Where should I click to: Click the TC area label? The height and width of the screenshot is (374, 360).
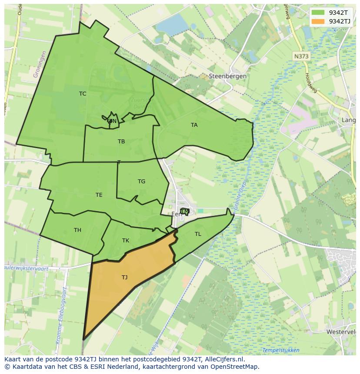[83, 94]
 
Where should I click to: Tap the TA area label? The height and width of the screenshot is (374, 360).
[194, 125]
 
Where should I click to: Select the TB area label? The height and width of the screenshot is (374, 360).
[121, 142]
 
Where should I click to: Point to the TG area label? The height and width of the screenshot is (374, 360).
[141, 182]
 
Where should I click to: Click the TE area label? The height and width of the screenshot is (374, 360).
[99, 195]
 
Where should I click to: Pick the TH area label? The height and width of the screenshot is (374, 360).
[77, 230]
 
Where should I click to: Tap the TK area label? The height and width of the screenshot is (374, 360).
[126, 241]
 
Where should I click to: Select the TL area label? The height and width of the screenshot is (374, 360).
[198, 234]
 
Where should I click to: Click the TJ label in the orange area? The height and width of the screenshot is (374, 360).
[125, 277]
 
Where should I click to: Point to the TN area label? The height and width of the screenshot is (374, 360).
[113, 121]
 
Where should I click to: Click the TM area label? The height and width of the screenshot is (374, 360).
[185, 212]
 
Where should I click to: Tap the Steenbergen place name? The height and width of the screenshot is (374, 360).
[228, 76]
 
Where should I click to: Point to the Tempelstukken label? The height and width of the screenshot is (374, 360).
[280, 350]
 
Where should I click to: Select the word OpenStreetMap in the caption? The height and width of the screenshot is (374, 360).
[233, 367]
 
